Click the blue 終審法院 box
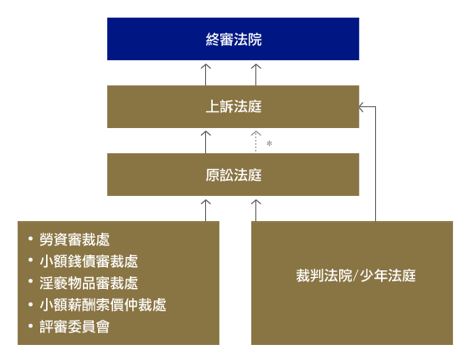click(233, 39)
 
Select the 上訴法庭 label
click(234, 107)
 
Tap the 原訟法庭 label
click(234, 175)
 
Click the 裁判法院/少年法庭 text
click(356, 275)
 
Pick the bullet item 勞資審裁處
click(75, 239)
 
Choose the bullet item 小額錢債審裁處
click(89, 261)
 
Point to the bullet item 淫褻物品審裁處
click(89, 283)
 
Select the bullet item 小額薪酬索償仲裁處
click(102, 305)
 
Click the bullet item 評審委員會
click(75, 327)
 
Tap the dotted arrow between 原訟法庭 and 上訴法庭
click(256, 141)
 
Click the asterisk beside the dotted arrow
click(269, 144)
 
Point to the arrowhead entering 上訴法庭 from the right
click(361, 107)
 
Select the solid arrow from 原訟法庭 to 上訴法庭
click(205, 141)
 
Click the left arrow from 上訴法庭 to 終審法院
click(205, 75)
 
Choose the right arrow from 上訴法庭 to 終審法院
click(256, 75)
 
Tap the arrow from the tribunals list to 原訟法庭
click(205, 210)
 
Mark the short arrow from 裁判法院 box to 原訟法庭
click(256, 210)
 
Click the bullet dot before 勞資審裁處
click(30, 239)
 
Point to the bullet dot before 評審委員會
click(30, 326)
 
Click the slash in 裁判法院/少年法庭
click(356, 275)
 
